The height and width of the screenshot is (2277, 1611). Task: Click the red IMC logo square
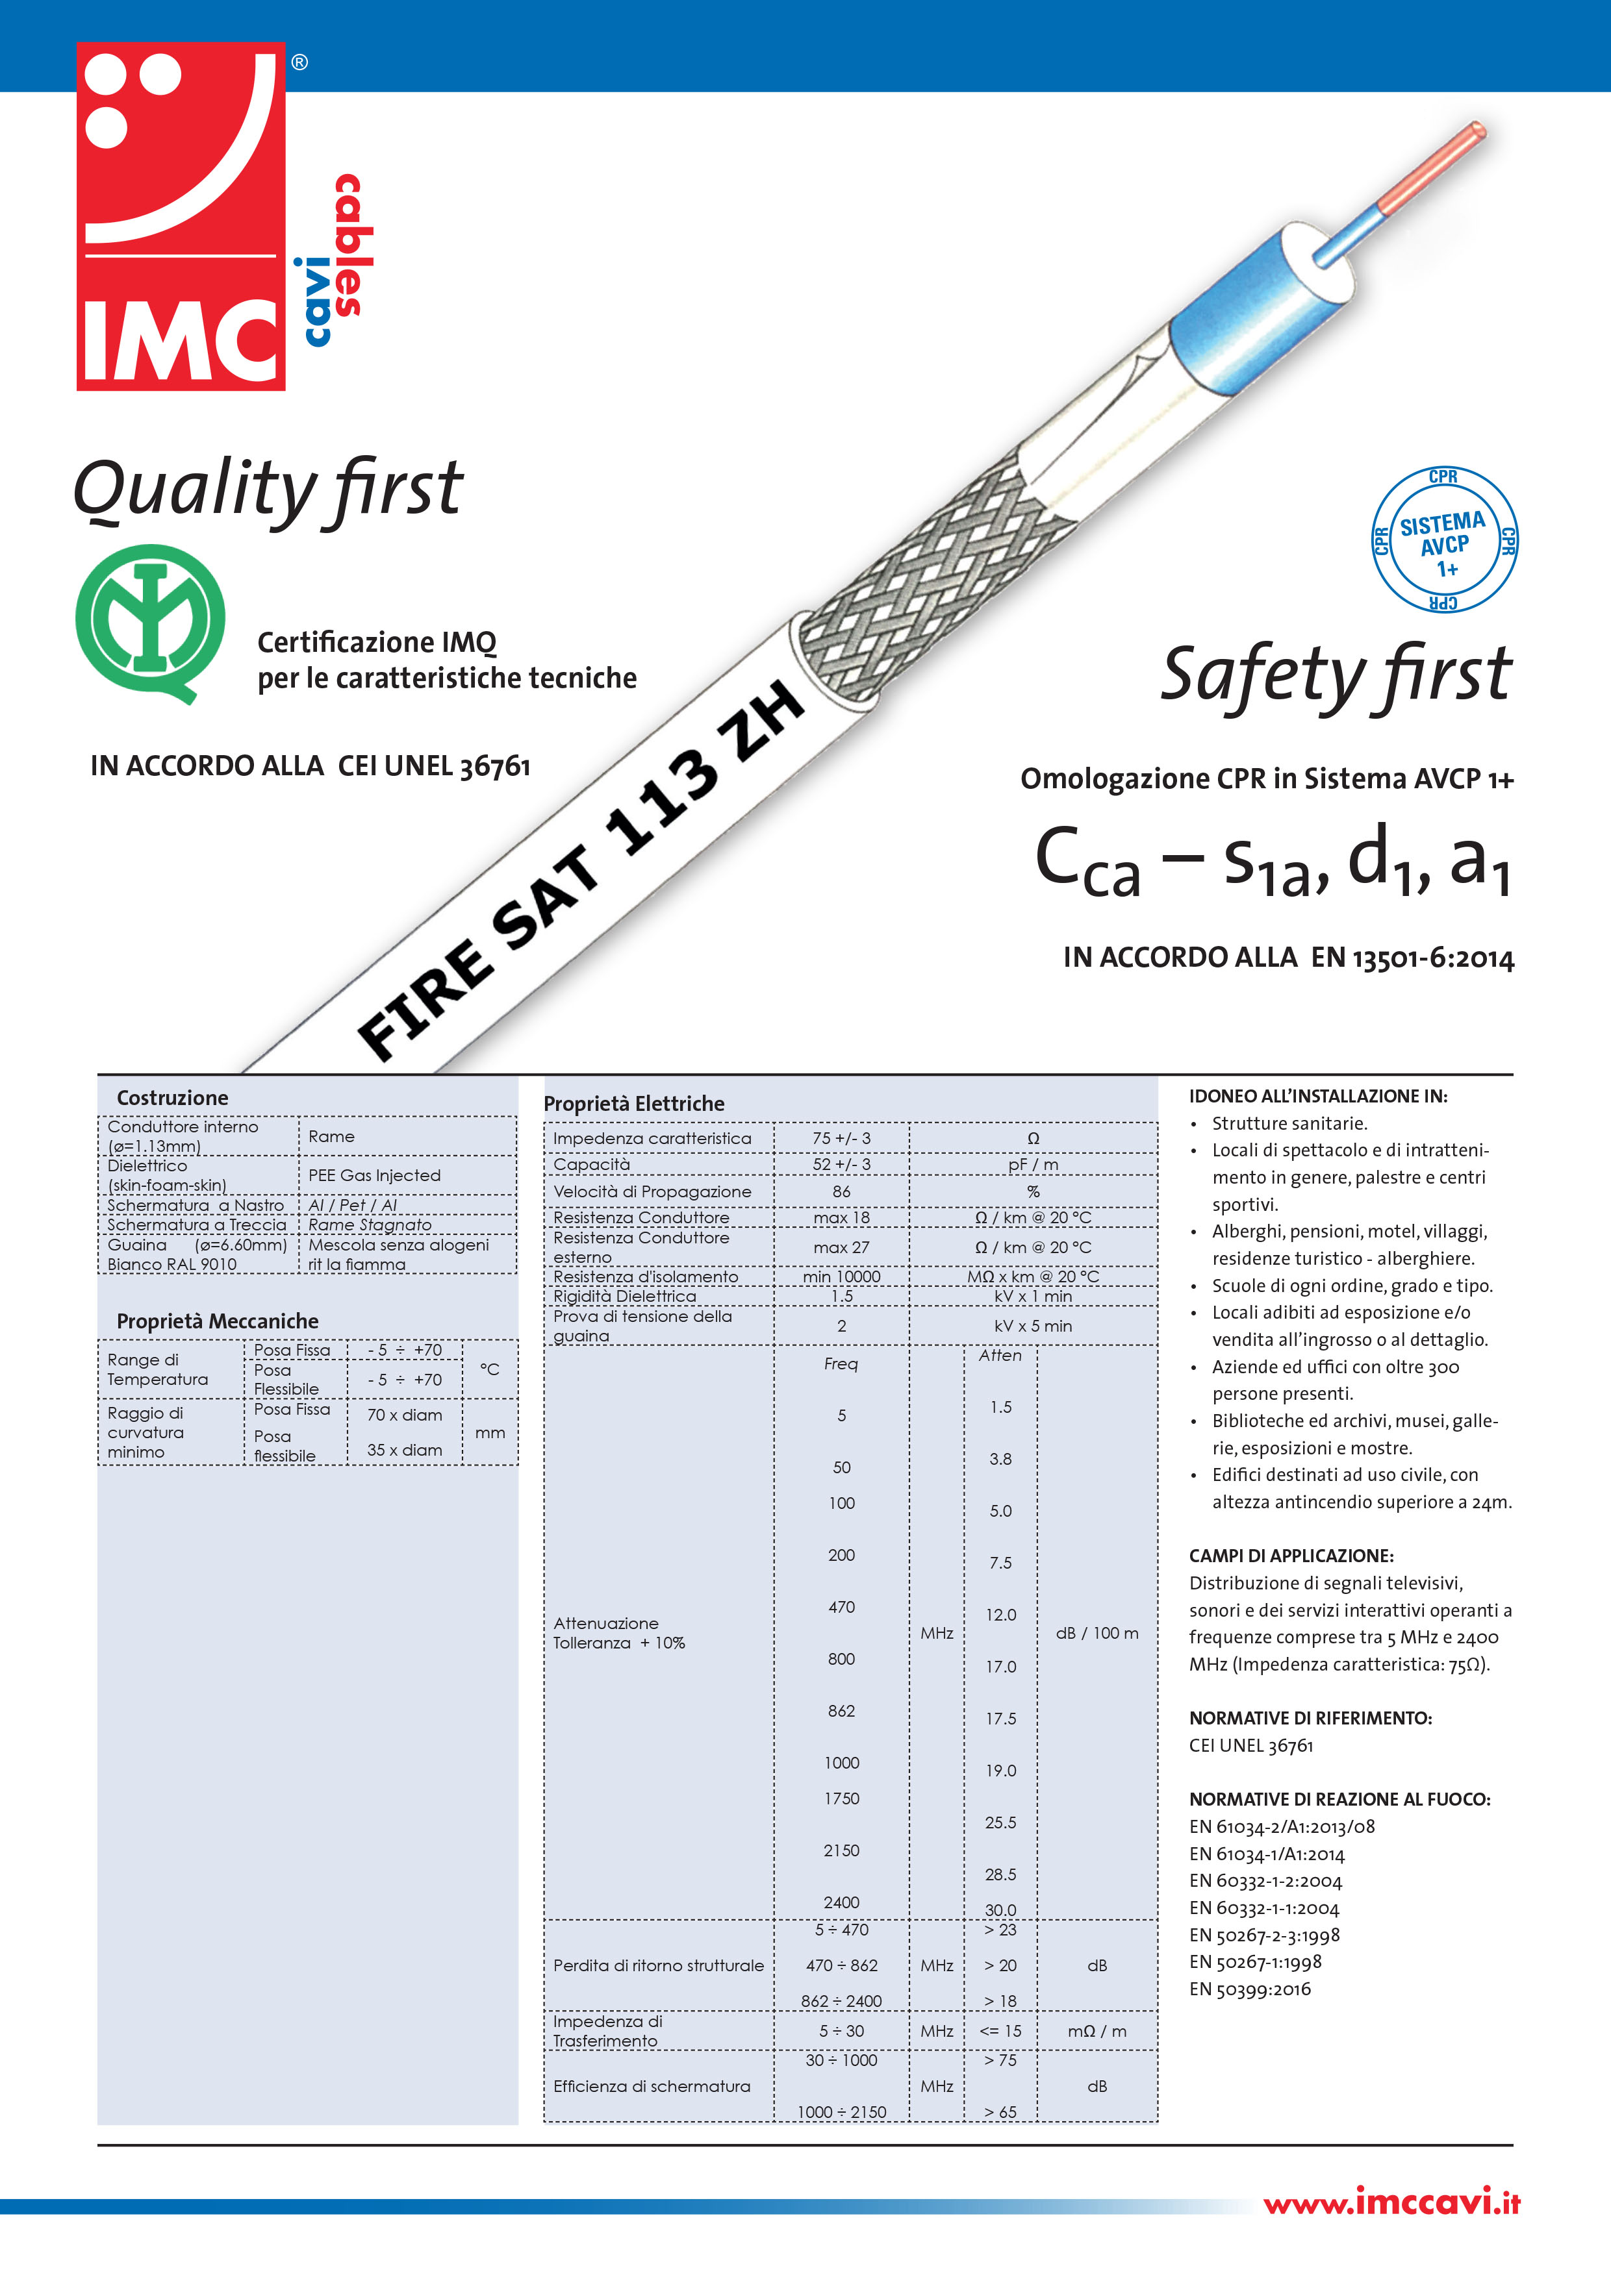pos(181,216)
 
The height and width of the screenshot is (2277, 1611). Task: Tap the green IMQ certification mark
pos(150,623)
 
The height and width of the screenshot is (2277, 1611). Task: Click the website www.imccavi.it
pos(1391,2204)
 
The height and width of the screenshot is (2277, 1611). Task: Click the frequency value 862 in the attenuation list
pos(841,1711)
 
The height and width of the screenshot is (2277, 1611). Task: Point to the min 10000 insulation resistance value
pos(841,1276)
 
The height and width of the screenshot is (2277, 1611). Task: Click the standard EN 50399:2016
pos(1250,1989)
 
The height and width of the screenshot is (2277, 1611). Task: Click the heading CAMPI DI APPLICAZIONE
pos(1291,1556)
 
